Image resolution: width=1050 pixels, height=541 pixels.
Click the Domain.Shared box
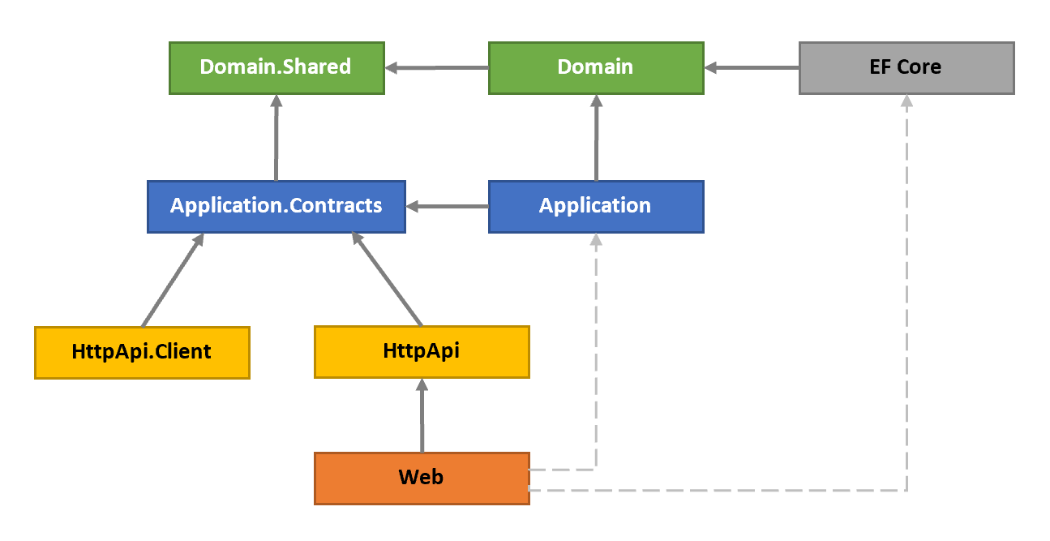coord(276,68)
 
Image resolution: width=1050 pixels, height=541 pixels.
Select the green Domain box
coord(596,68)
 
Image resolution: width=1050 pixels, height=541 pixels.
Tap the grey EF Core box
coord(906,68)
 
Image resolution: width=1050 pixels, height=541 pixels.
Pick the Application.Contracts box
coord(276,206)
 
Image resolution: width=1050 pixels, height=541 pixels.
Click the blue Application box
coord(596,206)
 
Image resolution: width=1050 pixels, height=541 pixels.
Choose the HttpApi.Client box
coord(142,352)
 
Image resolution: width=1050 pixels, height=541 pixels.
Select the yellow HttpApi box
coord(422,352)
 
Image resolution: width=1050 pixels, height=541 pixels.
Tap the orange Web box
coord(422,478)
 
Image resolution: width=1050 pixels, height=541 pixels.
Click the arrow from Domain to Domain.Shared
coord(437,68)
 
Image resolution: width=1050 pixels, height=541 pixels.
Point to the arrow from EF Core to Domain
coord(752,68)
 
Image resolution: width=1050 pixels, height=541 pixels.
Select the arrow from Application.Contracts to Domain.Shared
coord(276,138)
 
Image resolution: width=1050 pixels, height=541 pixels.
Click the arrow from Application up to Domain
coord(596,138)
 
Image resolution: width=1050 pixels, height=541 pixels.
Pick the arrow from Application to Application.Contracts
coord(448,207)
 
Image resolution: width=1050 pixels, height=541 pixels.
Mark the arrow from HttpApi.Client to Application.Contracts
coord(172,280)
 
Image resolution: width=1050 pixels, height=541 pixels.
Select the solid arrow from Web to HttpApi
coord(422,415)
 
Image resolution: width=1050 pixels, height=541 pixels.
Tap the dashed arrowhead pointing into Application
coord(596,240)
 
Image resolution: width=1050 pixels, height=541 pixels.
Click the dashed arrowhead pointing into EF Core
coord(906,101)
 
